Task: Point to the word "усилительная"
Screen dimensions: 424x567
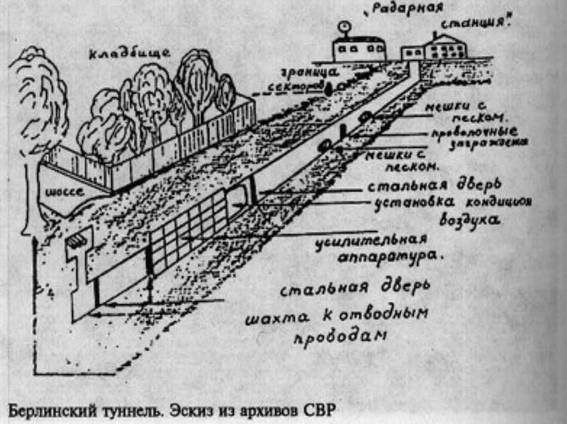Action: (371, 240)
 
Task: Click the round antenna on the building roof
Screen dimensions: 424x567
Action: (345, 28)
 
